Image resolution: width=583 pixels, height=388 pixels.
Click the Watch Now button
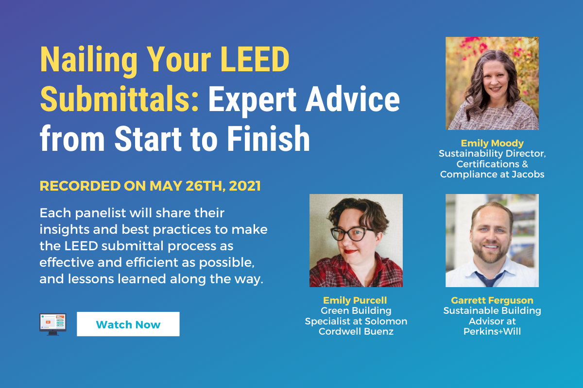point(128,324)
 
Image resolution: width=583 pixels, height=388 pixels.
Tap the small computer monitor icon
point(52,324)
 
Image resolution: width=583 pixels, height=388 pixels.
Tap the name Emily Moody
point(492,144)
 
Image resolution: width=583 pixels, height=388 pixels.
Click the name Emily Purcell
point(356,301)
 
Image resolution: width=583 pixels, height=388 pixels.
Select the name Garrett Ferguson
point(492,301)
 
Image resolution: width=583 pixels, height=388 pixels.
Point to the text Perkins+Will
point(492,332)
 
